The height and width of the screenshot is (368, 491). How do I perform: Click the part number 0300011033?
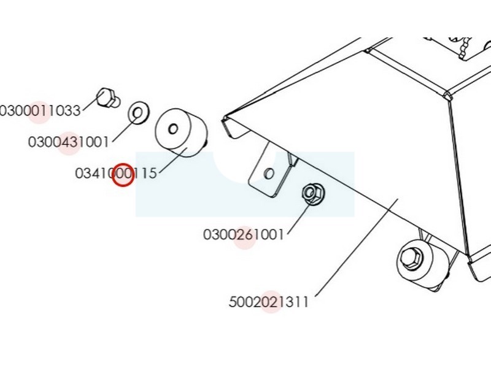(x=41, y=110)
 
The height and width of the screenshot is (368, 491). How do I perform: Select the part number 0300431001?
(x=68, y=142)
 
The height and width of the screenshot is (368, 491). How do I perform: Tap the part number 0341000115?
(x=116, y=174)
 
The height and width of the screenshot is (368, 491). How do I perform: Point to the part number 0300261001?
(x=244, y=235)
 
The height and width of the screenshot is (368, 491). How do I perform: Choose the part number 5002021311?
(x=268, y=302)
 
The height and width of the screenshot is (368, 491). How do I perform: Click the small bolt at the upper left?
(x=108, y=98)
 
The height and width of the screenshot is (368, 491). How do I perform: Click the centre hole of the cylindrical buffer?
(x=172, y=129)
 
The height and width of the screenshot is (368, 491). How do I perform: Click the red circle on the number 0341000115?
(x=123, y=175)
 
